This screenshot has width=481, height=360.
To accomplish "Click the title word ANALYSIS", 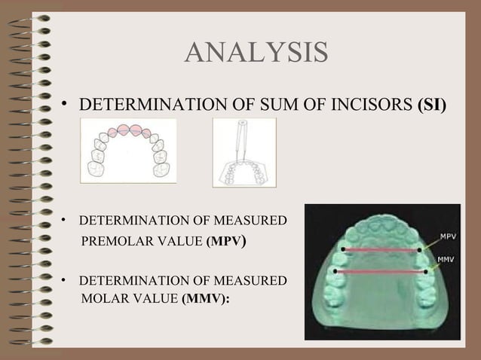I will [x=256, y=53].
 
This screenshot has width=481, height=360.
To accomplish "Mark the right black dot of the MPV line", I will [x=418, y=250].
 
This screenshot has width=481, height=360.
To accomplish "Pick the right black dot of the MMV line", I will [x=426, y=271].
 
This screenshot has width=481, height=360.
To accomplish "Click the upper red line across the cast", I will [x=380, y=249].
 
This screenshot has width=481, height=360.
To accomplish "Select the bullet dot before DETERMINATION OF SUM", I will [x=65, y=103].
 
